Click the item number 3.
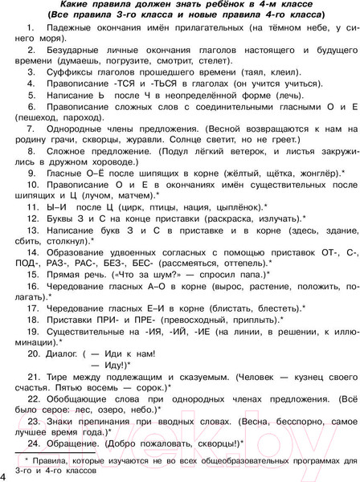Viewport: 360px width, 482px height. tap(31, 71)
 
